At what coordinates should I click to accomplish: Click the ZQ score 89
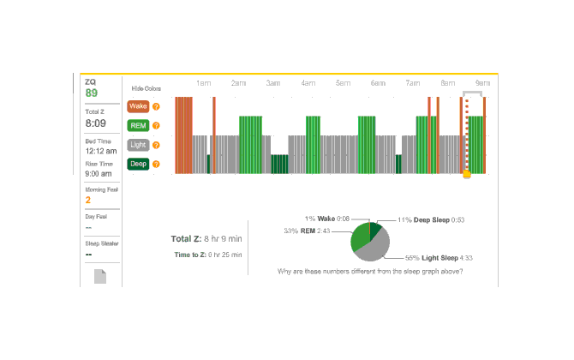pos(91,93)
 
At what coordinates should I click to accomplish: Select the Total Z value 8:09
pos(94,123)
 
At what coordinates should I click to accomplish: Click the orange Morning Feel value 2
pos(87,200)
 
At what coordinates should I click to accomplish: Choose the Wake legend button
pos(138,107)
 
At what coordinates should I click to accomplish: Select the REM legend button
pos(138,125)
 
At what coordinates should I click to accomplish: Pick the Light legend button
pos(138,144)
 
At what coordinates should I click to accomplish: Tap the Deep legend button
pos(138,163)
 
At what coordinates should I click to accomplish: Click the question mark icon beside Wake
pos(156,107)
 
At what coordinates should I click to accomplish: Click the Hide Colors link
pos(146,87)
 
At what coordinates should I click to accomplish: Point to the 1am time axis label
pos(203,83)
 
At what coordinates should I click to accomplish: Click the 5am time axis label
pos(343,83)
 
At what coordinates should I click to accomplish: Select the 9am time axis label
pos(482,83)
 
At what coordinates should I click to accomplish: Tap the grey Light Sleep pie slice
pos(374,249)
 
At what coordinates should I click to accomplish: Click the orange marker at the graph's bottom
pos(467,174)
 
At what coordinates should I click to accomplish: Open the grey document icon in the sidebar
pos(100,276)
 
